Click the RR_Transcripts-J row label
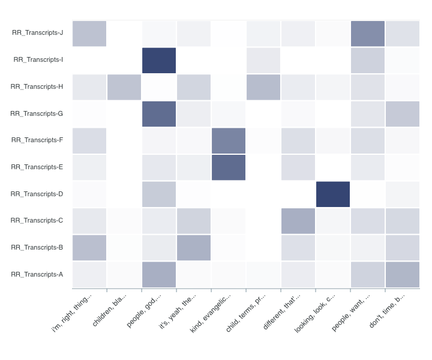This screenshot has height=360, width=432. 37,33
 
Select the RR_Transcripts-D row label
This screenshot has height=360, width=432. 37,194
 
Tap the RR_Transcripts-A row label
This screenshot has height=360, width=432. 37,274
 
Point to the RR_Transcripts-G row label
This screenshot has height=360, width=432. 37,113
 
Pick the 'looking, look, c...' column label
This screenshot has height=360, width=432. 323,314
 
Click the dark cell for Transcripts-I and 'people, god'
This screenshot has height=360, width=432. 159,60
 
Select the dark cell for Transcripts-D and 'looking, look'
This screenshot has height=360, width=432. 333,194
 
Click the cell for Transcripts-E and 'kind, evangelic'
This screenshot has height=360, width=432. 229,167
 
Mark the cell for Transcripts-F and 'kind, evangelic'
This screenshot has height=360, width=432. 229,140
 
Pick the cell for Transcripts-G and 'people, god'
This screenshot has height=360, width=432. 159,114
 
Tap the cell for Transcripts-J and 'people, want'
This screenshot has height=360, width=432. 368,34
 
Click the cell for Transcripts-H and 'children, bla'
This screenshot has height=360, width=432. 124,87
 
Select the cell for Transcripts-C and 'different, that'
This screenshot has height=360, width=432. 298,221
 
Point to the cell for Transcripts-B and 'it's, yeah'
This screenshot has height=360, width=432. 194,248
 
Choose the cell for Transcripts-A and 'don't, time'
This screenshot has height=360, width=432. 403,274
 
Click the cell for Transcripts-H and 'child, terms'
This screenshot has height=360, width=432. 263,87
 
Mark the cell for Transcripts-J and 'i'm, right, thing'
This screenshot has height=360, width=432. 89,34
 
